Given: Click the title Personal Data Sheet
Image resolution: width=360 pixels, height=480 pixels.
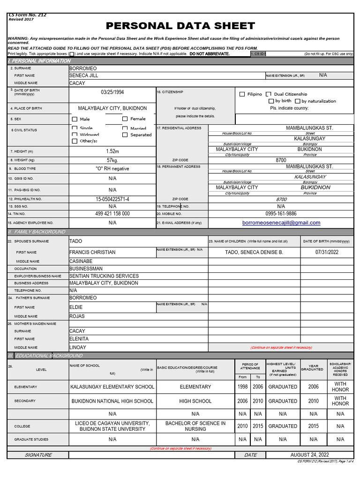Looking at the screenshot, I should point(180,26).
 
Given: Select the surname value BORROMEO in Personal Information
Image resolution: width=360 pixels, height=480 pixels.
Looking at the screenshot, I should point(83,68).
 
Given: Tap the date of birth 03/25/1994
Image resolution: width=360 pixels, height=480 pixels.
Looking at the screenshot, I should point(112,92).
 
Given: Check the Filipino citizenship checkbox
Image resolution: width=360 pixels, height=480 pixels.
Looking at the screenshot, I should point(242,94).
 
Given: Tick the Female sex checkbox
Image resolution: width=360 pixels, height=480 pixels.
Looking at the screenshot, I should point(125,119).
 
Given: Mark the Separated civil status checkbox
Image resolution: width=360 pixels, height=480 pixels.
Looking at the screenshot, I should point(125,135).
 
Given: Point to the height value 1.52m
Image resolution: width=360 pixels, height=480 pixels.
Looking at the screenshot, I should point(112,151).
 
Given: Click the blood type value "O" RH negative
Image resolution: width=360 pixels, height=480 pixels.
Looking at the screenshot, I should point(112,169).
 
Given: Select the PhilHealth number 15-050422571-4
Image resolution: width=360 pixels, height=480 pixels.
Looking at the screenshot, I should point(112,199).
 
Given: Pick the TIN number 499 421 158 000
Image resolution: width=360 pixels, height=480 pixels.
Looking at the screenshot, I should point(112,214).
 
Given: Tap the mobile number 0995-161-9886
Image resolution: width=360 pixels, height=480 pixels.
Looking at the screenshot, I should point(281,214).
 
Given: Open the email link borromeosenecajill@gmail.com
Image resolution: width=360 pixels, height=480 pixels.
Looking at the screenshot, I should point(281,223).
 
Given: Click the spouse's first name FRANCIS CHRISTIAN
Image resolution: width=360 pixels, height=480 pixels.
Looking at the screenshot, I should point(92,252).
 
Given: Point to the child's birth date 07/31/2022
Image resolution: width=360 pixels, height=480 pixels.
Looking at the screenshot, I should point(327,252).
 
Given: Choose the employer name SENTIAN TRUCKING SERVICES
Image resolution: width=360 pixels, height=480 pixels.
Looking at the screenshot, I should point(104,276).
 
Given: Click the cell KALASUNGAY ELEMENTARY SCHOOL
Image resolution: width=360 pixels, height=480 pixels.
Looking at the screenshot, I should point(112,387).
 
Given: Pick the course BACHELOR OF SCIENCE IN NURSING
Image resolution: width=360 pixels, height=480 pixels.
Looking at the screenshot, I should point(195,426).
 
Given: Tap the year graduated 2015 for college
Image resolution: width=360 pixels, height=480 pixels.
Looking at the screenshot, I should point(313,426).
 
